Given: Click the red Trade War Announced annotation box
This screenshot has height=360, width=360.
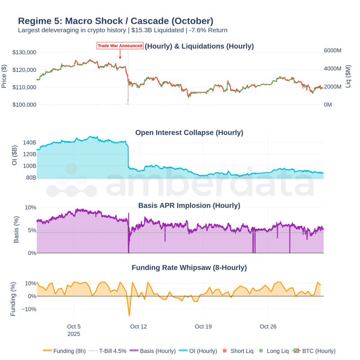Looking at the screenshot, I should click(x=120, y=45).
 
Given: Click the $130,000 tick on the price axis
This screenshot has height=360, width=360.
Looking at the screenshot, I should click(x=24, y=52).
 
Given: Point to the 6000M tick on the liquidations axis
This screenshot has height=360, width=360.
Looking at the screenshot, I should click(x=332, y=51).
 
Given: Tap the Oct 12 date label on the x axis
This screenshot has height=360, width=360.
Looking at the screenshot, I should click(x=138, y=327).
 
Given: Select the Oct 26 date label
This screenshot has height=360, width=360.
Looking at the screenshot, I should click(x=268, y=327).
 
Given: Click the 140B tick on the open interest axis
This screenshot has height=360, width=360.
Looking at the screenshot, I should click(x=29, y=143).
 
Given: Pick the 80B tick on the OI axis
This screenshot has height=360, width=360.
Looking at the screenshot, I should click(x=31, y=178).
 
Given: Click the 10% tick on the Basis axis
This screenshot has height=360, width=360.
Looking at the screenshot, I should click(x=30, y=207).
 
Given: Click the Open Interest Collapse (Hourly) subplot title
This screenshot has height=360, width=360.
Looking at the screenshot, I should click(x=189, y=133).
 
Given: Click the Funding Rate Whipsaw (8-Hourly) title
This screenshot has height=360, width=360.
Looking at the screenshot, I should click(x=189, y=268).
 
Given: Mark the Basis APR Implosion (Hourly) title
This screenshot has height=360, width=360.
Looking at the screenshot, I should click(x=189, y=206).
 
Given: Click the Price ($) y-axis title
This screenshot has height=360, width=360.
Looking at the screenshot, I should click(x=4, y=76).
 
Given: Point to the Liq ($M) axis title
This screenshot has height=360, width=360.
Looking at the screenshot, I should click(x=349, y=76).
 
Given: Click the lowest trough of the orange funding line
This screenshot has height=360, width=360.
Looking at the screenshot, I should click(x=129, y=315).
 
